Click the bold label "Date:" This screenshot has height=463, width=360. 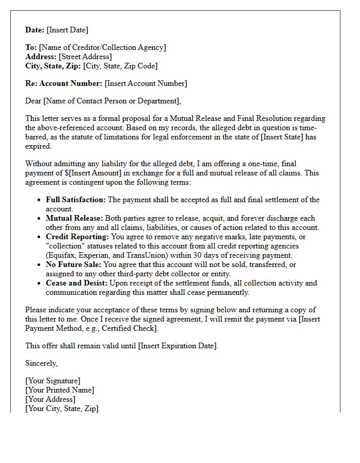coord(35,30)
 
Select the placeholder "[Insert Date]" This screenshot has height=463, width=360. coord(68,30)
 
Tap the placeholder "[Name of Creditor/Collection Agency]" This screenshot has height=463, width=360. coord(102,47)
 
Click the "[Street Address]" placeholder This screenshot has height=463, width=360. coord(85,57)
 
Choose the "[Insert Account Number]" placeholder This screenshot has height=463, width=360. coord(146,83)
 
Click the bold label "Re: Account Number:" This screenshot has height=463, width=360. coord(64,83)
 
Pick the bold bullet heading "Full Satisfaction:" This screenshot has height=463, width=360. coord(76,200)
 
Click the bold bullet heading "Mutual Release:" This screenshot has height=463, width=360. coord(74,218)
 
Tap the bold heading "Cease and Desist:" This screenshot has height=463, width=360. coord(77,283)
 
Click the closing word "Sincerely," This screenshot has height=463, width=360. coord(42,363)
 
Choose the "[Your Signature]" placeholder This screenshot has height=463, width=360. coord(52,381)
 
